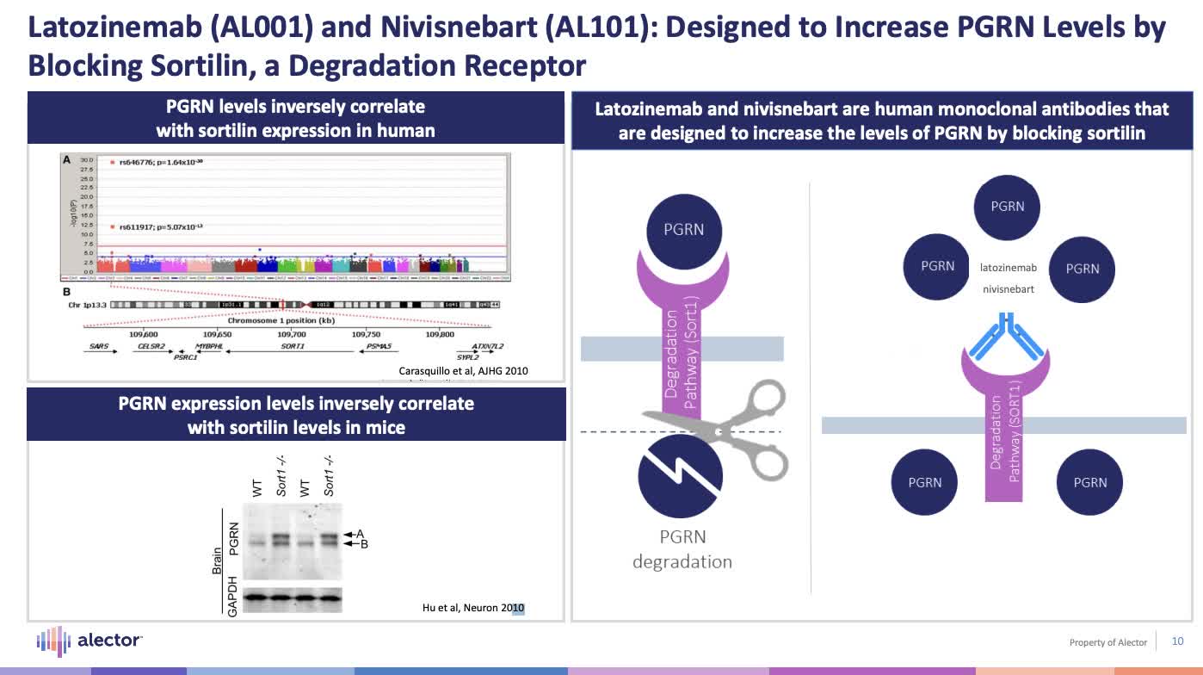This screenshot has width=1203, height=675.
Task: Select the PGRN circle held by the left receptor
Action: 683,230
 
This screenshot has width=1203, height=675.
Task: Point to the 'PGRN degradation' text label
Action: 682,549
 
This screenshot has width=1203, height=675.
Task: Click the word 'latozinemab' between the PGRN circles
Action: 1009,268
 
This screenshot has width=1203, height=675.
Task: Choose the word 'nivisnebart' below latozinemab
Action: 1009,289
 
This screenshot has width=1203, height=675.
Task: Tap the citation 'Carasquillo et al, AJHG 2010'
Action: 463,371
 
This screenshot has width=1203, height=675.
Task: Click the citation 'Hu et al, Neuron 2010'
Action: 472,608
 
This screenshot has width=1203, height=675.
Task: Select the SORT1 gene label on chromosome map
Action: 293,346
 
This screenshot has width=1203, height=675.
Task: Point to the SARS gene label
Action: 99,346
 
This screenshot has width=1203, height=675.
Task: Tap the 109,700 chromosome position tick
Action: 291,333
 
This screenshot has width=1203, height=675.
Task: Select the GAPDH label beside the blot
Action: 231,596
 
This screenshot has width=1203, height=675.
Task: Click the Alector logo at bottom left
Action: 89,641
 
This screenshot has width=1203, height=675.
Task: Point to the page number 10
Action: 1178,641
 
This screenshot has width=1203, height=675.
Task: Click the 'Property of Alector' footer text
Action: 1107,642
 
